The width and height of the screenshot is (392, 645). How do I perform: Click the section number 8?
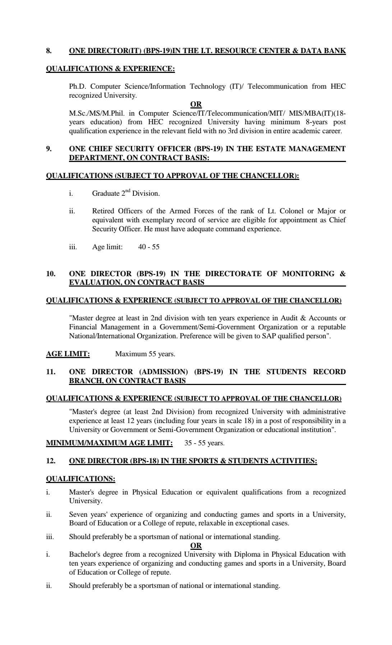[x=49, y=51]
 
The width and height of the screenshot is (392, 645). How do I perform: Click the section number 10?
[x=51, y=274]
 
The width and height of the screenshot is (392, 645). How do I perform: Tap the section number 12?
[x=51, y=461]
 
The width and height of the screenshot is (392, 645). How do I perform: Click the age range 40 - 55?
[x=149, y=247]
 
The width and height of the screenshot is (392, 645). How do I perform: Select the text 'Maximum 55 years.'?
[x=145, y=354]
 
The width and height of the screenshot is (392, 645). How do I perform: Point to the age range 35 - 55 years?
[x=204, y=443]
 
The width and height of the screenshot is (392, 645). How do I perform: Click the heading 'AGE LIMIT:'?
[x=68, y=354]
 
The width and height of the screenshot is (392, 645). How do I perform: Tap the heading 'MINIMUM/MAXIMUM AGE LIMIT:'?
[x=109, y=443]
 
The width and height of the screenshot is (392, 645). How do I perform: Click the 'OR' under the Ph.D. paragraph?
[x=196, y=104]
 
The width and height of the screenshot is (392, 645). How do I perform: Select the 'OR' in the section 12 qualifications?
[x=196, y=546]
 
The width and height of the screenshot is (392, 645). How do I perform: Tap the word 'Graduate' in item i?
[x=106, y=193]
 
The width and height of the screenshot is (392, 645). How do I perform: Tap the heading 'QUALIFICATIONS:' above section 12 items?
[x=80, y=479]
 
